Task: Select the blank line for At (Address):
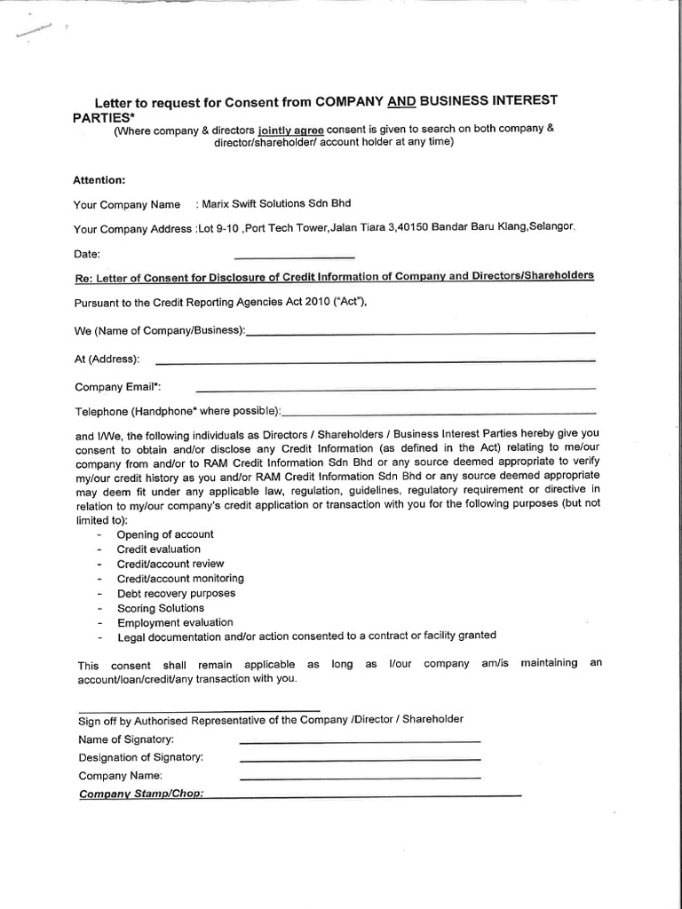[374, 360]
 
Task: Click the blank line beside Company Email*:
[395, 388]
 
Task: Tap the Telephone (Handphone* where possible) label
[177, 412]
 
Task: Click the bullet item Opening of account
[165, 534]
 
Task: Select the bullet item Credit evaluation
[159, 549]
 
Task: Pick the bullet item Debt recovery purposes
[177, 593]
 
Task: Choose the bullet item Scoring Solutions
[161, 608]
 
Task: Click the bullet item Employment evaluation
[175, 622]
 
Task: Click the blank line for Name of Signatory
[360, 741]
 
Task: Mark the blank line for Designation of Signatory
[360, 759]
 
